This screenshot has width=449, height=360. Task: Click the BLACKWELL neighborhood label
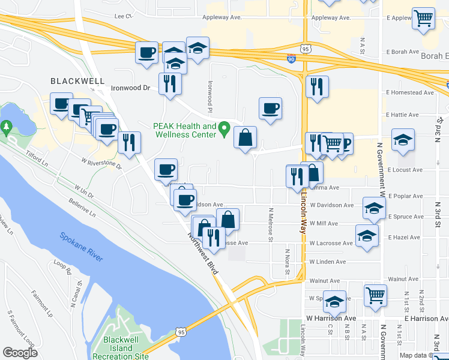point(77,81)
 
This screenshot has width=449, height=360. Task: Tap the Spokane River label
point(81,246)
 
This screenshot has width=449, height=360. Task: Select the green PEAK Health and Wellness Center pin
point(224,127)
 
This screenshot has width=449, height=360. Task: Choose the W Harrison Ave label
point(331,318)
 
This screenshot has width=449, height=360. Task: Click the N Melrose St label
point(271,225)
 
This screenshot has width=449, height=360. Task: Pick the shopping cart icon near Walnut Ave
point(375,295)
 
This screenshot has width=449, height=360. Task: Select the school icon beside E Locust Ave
point(403,140)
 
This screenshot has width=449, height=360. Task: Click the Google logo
point(20,353)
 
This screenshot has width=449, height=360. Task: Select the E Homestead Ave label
point(411,93)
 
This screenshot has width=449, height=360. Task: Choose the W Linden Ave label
point(328,262)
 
